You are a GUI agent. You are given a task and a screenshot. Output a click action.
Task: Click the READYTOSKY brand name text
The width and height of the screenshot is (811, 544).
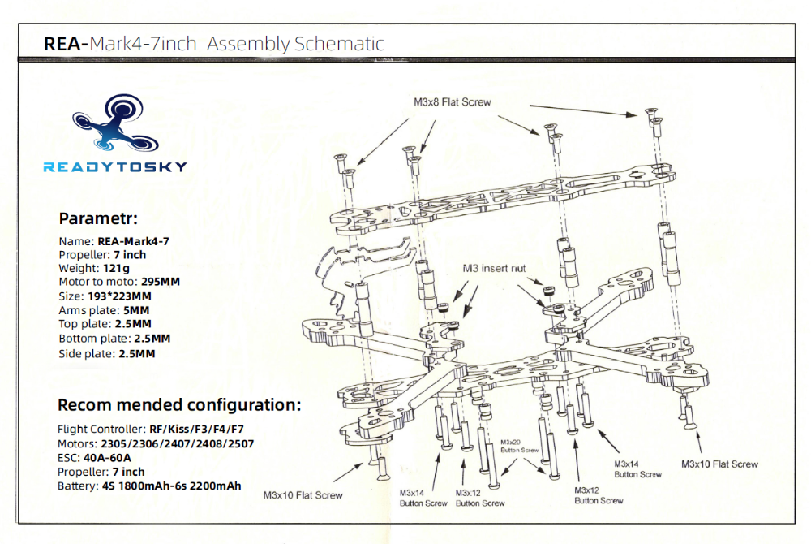114,167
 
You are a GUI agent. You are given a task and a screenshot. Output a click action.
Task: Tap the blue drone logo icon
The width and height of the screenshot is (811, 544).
114,124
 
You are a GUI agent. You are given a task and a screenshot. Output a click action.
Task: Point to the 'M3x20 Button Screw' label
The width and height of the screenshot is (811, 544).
520,445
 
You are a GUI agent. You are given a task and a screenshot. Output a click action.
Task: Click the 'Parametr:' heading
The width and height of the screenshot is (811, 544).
98,218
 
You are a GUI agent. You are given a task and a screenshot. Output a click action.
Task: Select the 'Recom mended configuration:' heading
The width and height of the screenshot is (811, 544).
179,404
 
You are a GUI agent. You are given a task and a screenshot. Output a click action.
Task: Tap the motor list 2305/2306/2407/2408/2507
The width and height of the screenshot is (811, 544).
177,443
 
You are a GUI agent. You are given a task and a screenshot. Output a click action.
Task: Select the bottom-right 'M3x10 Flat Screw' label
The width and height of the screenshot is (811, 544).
719,464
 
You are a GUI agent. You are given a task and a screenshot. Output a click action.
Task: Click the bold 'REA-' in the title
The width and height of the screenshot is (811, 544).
66,44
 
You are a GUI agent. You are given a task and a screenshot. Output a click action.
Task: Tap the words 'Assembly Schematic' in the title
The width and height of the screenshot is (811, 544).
295,44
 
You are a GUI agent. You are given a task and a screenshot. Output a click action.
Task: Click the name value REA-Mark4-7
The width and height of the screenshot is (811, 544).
133,240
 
